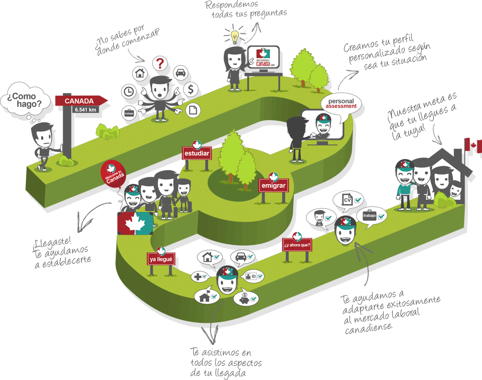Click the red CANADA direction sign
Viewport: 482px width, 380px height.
(x=81, y=100)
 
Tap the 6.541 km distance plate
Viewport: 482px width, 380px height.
(x=85, y=109)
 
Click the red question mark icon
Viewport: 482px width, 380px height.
(x=160, y=63)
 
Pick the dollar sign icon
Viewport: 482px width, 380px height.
(x=190, y=90)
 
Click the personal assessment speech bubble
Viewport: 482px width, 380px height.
(x=341, y=103)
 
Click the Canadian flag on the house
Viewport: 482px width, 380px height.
(x=473, y=145)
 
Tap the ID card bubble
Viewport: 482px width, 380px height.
(x=252, y=277)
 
